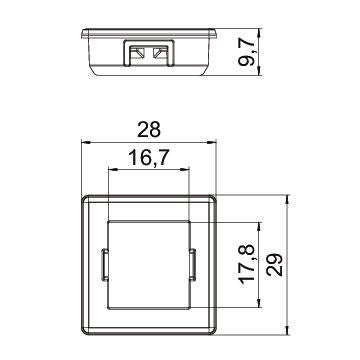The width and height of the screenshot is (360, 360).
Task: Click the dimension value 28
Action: (149, 130)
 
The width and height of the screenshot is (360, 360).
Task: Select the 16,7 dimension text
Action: (149, 158)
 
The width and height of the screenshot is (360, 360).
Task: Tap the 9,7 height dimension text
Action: (247, 51)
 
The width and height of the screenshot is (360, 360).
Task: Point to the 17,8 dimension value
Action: (247, 265)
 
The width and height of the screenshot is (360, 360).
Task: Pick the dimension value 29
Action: (274, 265)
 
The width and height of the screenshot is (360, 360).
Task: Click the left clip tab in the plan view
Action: (104, 265)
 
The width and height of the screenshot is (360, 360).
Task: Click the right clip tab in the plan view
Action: (192, 265)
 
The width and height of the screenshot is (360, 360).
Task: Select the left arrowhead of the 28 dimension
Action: (86, 142)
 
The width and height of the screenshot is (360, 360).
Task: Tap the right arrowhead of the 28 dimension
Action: (212, 142)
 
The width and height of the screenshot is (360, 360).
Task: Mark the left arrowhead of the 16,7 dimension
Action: (113, 170)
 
